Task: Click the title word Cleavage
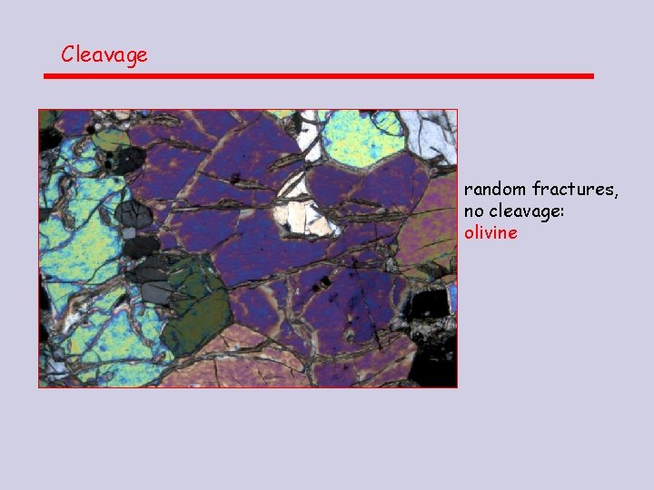click(104, 54)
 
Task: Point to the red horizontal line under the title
click(318, 76)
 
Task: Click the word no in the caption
click(474, 211)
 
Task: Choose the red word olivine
click(490, 233)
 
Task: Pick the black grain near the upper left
click(125, 162)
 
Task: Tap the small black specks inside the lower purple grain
click(320, 287)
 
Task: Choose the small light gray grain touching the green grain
click(160, 290)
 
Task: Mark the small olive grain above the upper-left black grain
click(113, 138)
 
